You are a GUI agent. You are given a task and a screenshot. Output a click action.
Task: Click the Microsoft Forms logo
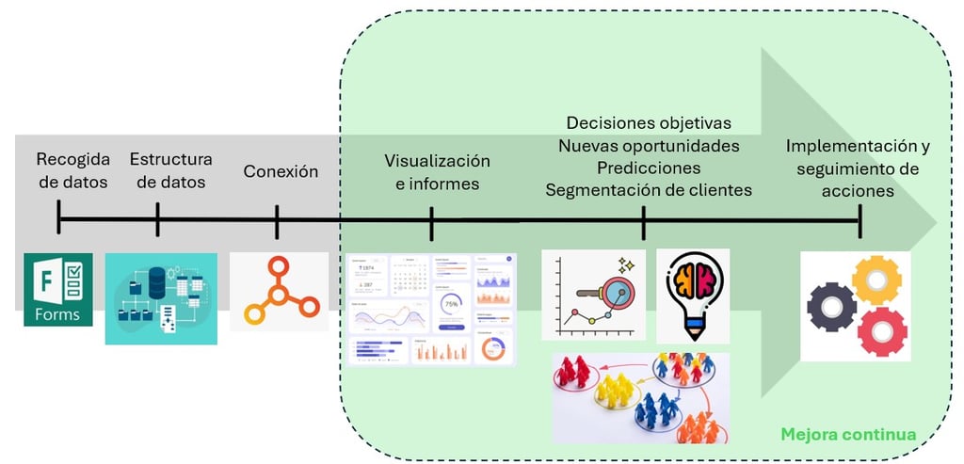point(58,289)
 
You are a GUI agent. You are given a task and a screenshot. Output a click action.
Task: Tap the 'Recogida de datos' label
point(73,169)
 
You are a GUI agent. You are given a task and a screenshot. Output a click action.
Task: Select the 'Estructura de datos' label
point(170,169)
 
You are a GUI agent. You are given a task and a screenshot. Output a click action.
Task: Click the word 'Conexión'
point(281,171)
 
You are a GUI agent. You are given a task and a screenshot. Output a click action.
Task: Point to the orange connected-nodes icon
point(280,292)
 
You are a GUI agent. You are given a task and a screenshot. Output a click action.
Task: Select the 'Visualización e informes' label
point(437,172)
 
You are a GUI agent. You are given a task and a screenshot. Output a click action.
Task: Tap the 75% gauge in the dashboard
point(451,305)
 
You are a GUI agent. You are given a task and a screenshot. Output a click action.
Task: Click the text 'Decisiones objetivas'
point(649,123)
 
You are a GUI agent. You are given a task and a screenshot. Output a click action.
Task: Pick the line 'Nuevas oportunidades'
point(649,146)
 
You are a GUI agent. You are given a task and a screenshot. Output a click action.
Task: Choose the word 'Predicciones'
point(649,168)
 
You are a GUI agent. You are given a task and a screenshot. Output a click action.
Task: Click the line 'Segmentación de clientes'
point(649,190)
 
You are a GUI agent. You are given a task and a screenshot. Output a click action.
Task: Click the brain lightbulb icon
point(692,294)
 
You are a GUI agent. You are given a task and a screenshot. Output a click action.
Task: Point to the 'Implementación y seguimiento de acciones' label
point(858,168)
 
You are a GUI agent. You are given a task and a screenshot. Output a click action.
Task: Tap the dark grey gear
point(831,307)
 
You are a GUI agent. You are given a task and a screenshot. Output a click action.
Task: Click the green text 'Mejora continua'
point(847,435)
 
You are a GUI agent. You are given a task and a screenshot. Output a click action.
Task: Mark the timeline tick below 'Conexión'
point(277,223)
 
